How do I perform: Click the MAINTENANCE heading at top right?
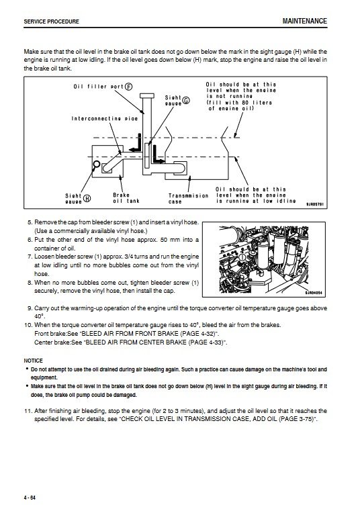304,21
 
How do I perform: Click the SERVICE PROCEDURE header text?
51,21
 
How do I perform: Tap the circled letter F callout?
129,87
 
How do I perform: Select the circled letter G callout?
186,100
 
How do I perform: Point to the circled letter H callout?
87,198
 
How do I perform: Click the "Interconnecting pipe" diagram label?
105,118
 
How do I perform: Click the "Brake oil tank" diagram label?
126,198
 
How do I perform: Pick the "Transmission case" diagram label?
188,198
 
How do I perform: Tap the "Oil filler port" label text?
99,87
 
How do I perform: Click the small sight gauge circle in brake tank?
97,164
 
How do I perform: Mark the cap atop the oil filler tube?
146,96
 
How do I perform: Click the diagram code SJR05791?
315,205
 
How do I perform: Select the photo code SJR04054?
314,293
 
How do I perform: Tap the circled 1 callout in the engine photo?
242,258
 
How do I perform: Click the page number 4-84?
30,498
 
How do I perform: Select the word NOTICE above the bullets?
33,361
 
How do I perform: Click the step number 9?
30,308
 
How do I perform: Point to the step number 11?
29,411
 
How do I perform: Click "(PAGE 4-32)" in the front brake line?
198,333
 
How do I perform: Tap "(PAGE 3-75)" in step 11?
297,419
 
